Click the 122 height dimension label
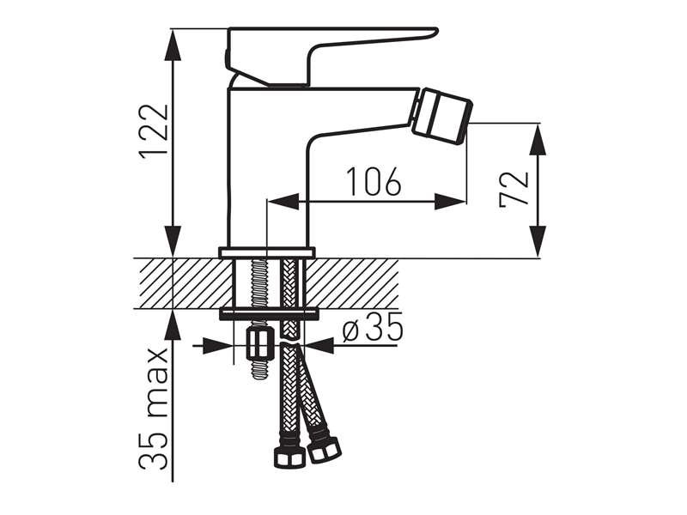[153, 130]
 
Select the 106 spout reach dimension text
[374, 181]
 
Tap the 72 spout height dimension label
[514, 189]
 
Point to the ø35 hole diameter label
[372, 327]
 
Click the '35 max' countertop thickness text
[153, 409]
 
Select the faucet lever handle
[332, 56]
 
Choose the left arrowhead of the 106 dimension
[283, 203]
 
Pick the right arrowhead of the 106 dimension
[450, 203]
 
